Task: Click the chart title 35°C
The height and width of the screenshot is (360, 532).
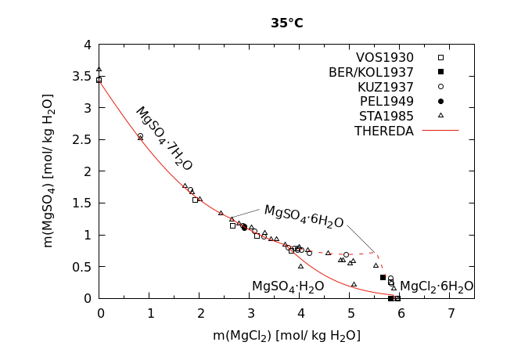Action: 287,23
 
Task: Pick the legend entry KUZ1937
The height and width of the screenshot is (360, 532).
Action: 385,87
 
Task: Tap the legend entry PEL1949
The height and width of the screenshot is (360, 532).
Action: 386,101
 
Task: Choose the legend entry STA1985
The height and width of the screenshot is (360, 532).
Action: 385,116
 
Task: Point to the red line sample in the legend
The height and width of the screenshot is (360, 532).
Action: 440,131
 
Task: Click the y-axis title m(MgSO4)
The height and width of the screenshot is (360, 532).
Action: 49,171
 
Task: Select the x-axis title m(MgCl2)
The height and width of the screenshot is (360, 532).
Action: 286,336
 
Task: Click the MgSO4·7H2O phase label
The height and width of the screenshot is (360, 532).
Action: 164,139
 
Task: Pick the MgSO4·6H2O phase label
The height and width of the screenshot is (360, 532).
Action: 304,215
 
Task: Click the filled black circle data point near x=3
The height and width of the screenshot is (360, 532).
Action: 244,227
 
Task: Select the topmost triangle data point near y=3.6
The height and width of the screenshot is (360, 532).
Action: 99,70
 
